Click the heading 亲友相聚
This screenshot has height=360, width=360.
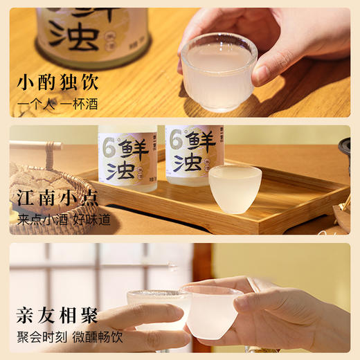58,316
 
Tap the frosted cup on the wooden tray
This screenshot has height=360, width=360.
235,188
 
